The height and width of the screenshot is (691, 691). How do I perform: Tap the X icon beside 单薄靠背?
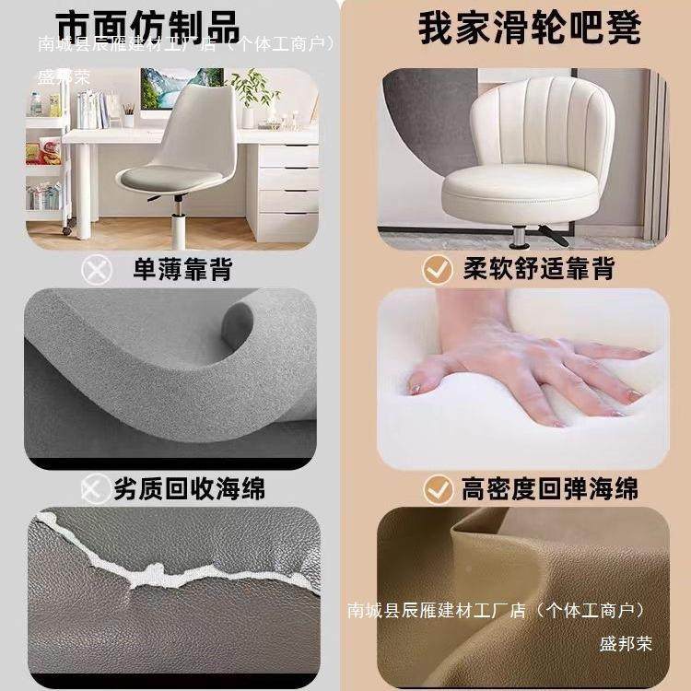tap(93, 270)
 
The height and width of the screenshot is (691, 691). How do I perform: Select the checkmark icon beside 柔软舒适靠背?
tap(437, 270)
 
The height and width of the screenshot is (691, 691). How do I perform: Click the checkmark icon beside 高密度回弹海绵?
tap(438, 488)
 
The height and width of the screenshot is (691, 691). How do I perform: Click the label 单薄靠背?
tap(182, 270)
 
